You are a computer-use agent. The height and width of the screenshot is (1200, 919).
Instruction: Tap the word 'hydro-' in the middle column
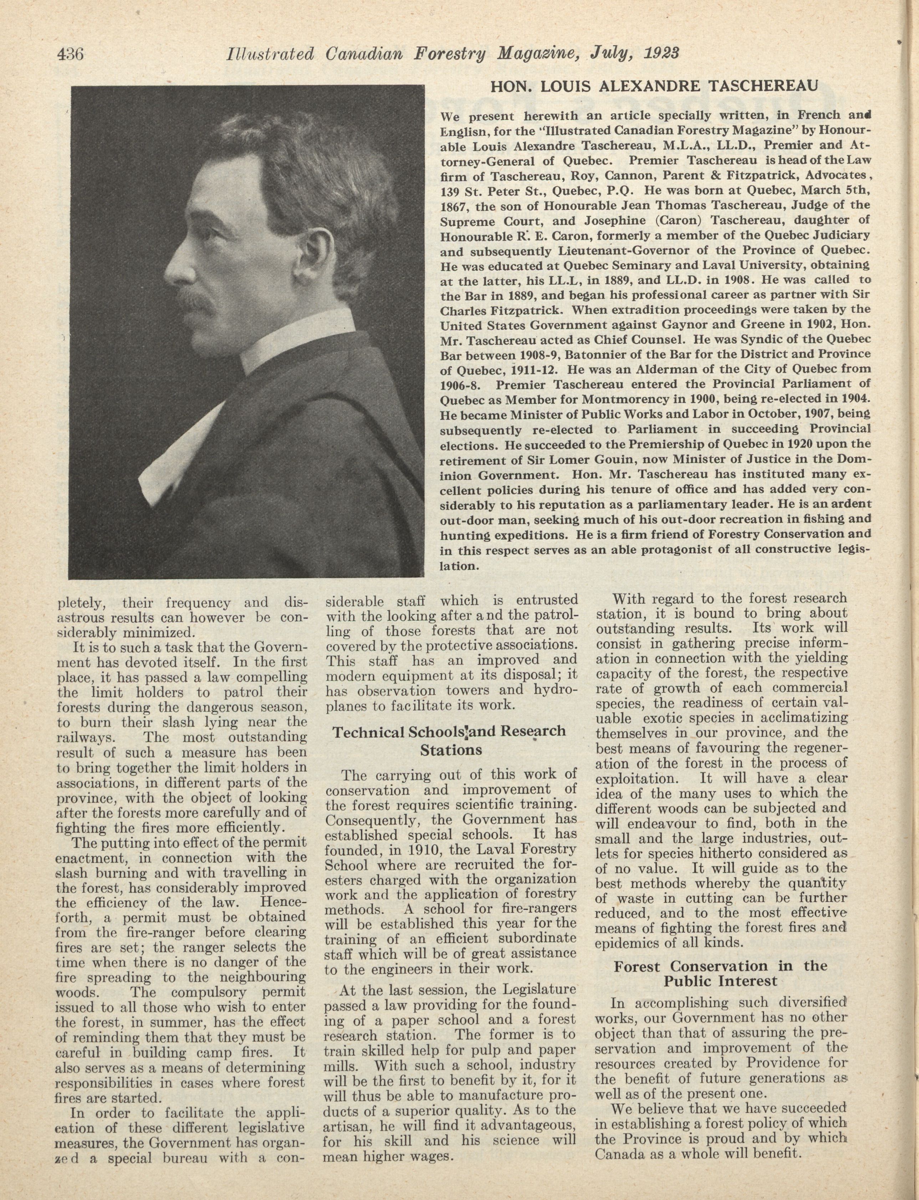(556, 690)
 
